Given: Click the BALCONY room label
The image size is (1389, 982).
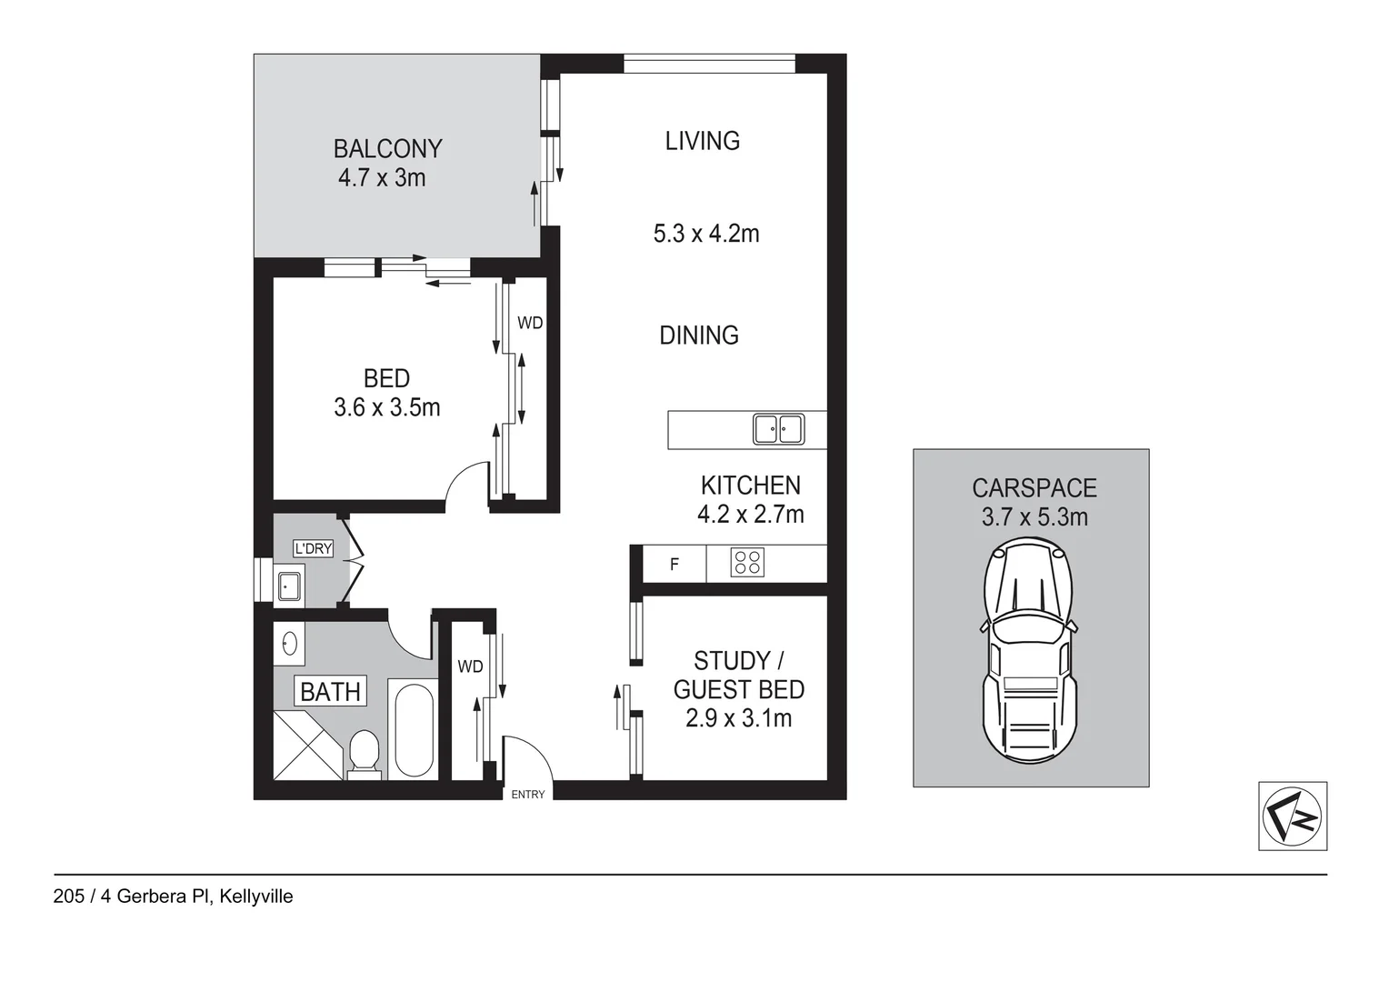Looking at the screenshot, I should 387,148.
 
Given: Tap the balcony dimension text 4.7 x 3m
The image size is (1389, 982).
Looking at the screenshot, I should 382,177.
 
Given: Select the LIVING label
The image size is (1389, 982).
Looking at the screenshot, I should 702,141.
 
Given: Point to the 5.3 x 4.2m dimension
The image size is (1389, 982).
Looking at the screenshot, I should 706,234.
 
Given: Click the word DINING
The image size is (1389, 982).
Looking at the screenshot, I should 699,336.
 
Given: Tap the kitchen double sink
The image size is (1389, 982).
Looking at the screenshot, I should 778,429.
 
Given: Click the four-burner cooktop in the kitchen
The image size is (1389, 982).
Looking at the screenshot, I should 747,563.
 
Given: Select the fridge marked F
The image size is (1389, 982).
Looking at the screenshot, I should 675,565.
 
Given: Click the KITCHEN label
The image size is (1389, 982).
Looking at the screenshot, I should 750,486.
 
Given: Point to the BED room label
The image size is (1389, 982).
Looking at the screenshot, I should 386,378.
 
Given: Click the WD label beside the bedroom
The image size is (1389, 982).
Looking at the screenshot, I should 530,323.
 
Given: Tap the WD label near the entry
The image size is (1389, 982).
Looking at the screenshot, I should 470,666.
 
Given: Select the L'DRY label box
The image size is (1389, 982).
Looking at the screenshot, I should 313,548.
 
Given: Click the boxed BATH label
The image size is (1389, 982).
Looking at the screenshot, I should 331,692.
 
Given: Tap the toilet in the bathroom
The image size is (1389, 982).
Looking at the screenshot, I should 365,755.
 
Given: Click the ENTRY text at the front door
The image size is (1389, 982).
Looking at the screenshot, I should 528,794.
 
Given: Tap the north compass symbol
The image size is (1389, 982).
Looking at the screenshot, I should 1292,816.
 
